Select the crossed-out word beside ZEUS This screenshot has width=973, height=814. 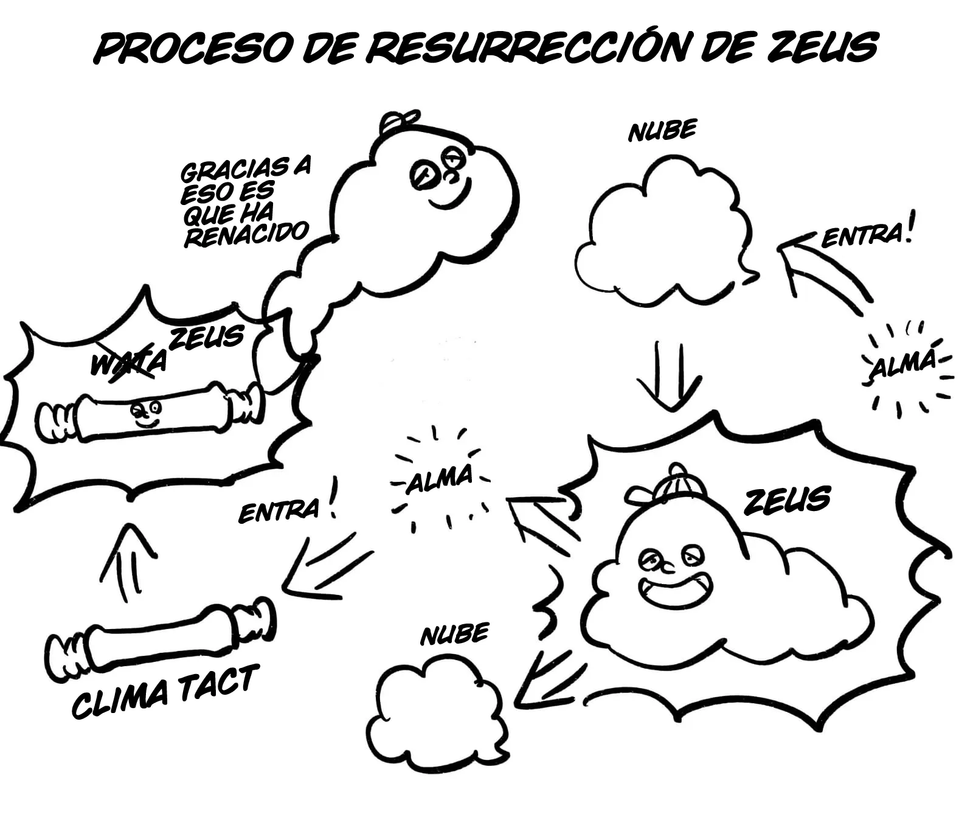tap(128, 363)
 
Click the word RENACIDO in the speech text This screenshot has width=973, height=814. tap(246, 234)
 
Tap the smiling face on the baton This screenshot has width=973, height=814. tap(145, 412)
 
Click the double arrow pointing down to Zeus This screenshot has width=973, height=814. tap(669, 374)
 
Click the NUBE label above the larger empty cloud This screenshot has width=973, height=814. tap(662, 131)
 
